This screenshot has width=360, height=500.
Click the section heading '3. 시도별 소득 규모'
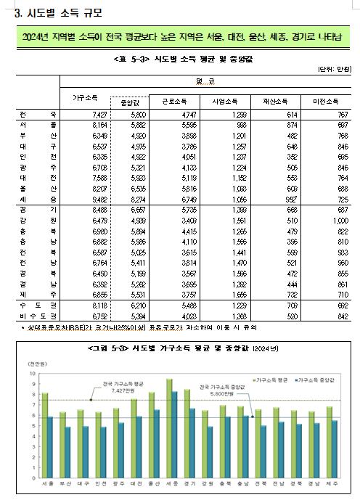(54, 12)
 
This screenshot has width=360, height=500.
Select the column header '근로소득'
(191, 101)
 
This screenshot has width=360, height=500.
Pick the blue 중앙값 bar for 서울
(49, 447)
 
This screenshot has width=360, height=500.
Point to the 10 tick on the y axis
(31, 373)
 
